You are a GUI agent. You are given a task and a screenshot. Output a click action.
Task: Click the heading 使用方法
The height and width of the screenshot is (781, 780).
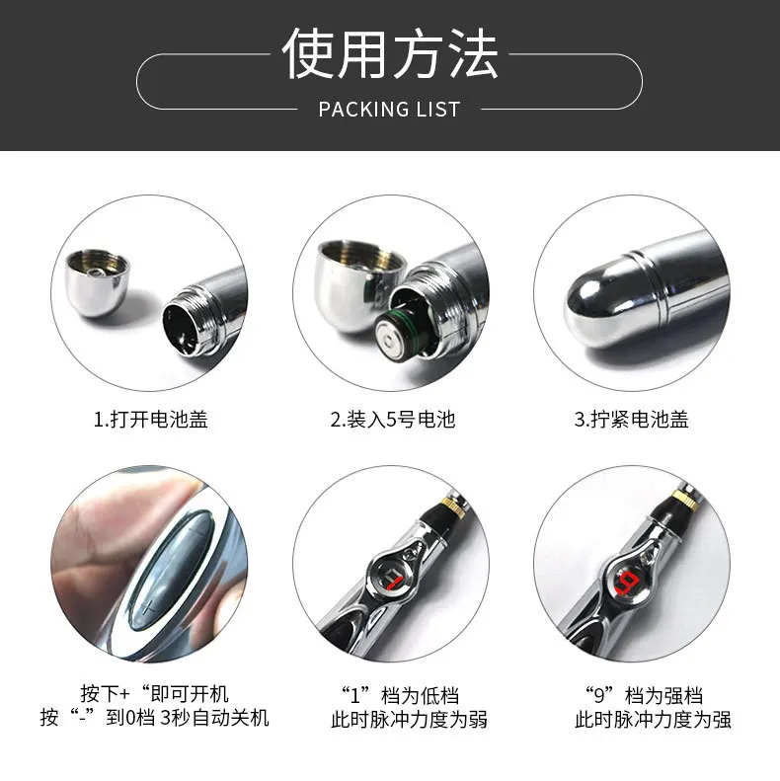(x=390, y=52)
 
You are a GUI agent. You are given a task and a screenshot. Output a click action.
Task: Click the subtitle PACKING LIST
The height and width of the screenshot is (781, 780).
(x=389, y=109)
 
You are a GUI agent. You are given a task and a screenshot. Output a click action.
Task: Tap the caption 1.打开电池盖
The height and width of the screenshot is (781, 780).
(x=150, y=419)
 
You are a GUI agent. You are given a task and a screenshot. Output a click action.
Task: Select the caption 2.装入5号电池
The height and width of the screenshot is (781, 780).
(x=393, y=419)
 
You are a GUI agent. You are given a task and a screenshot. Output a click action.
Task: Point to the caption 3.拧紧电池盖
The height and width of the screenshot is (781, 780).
(x=631, y=419)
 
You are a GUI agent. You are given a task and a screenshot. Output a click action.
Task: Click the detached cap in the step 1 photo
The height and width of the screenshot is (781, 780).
(x=97, y=282)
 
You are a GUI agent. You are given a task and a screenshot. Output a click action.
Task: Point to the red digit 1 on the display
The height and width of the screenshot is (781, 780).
(x=394, y=581)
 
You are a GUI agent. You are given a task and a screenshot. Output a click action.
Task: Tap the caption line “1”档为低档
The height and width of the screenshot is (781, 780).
(x=400, y=695)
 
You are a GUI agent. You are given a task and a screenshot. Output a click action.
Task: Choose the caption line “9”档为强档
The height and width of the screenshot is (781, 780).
(x=644, y=695)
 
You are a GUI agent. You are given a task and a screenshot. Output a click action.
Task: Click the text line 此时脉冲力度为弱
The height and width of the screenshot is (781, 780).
(x=409, y=720)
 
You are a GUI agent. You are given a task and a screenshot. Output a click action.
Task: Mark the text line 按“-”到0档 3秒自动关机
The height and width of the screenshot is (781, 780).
(x=154, y=718)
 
